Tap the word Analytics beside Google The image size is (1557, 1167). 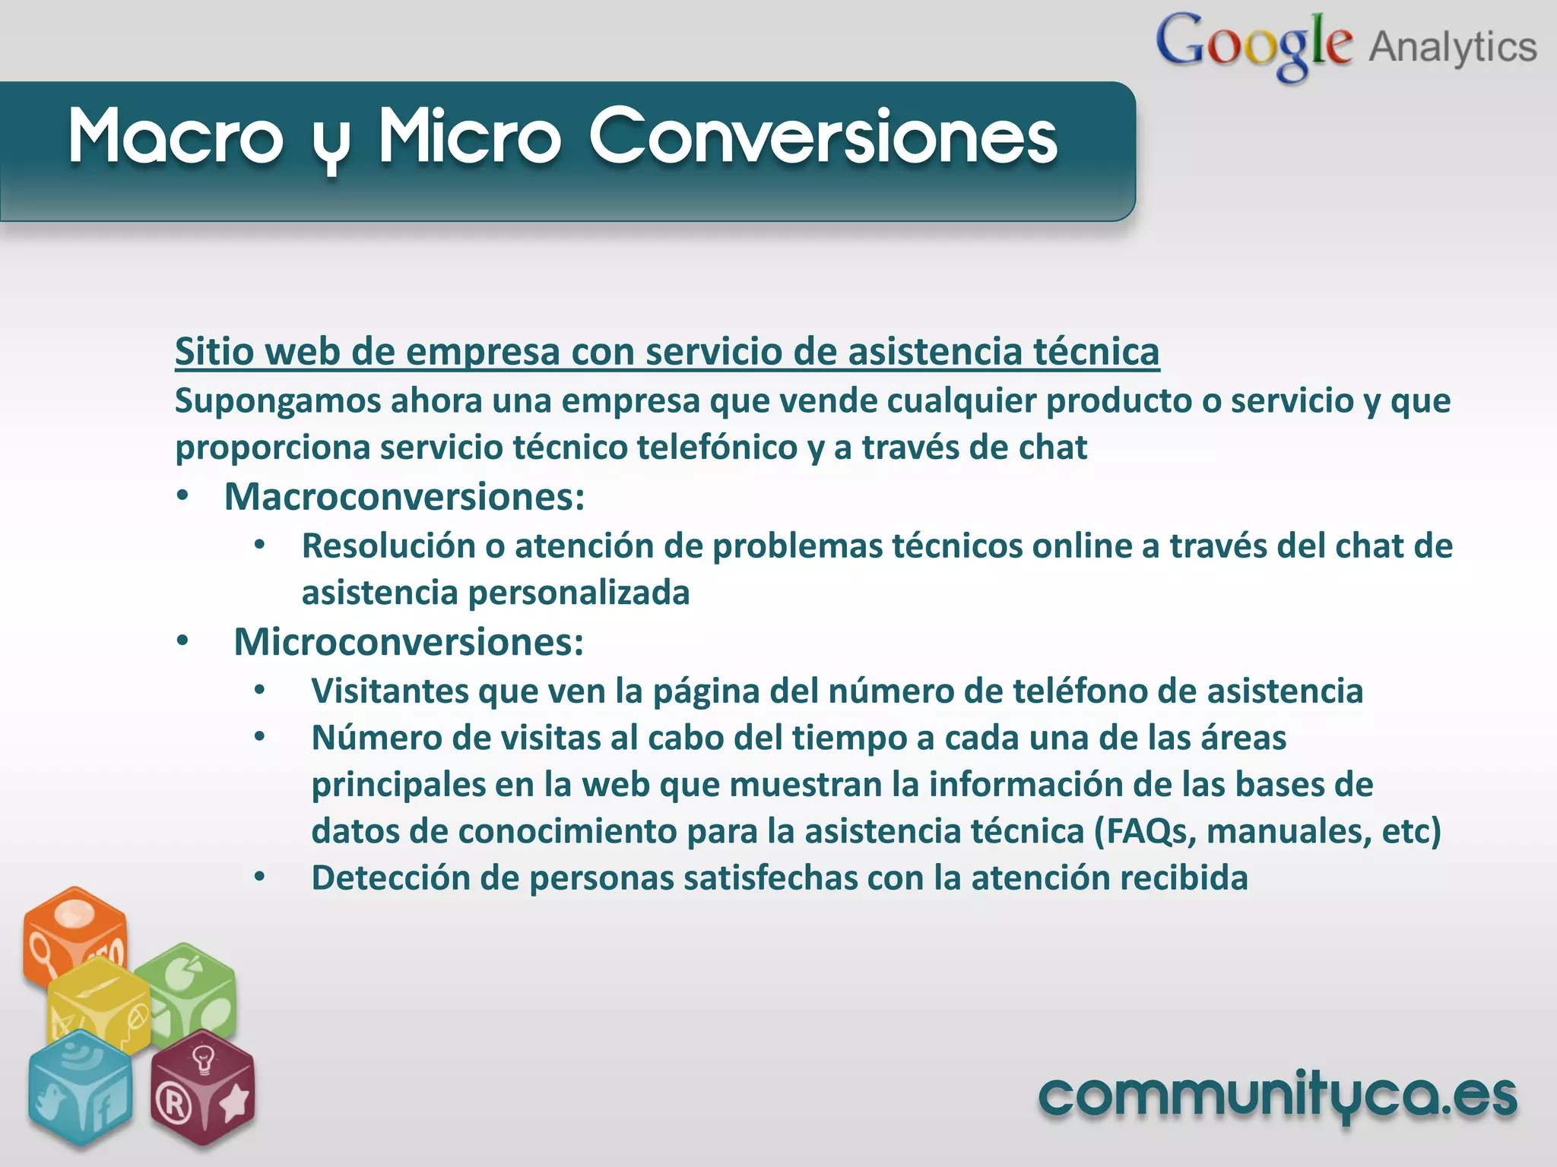(x=1453, y=47)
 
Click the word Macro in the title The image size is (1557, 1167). (x=176, y=137)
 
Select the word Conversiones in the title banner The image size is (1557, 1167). (x=823, y=137)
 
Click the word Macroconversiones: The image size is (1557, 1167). (x=404, y=497)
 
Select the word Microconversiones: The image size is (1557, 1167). (x=409, y=642)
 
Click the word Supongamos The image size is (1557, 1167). (x=277, y=401)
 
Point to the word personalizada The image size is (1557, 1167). (x=579, y=593)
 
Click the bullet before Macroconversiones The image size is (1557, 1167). (x=182, y=497)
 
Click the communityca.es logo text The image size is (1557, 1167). (x=1277, y=1098)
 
